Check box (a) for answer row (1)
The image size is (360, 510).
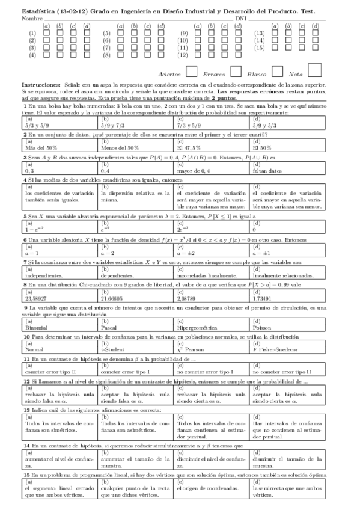click(46, 34)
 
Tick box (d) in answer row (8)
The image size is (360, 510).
click(161, 55)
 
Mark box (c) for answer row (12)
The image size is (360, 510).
click(224, 55)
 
